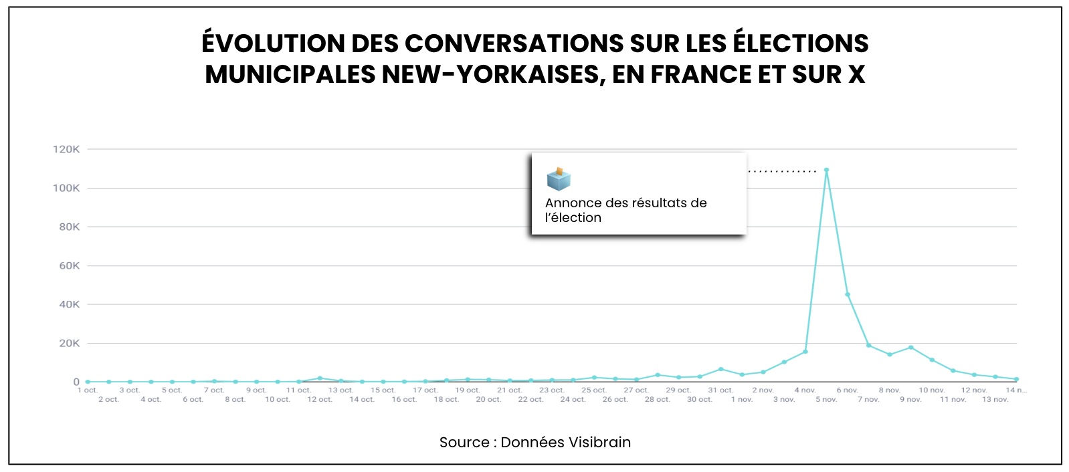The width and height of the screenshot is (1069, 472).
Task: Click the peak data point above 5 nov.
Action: coord(826,170)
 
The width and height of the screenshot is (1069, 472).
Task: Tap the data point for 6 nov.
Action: coord(848,295)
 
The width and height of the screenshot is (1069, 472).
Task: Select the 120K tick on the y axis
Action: coord(66,149)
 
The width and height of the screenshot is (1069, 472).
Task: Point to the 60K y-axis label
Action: coord(69,265)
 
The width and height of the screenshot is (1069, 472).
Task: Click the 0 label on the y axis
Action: coord(76,382)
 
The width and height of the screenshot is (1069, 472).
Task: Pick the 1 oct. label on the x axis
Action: coord(88,390)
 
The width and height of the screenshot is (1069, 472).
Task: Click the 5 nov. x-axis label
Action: coord(826,400)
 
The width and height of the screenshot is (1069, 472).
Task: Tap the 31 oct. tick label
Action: coord(720,390)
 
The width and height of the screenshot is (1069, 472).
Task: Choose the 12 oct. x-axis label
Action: coord(320,400)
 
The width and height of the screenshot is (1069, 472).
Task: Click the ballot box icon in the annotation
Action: coord(559,179)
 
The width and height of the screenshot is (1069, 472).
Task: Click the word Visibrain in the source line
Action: coord(599,443)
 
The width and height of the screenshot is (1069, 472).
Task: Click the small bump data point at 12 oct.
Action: coord(320,378)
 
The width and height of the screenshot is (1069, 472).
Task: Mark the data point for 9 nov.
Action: coord(910,348)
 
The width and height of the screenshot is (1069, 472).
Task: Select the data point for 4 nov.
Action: coord(805,352)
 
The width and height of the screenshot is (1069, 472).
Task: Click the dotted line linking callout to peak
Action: coord(782,172)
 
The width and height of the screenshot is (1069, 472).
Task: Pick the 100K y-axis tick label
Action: coord(66,188)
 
